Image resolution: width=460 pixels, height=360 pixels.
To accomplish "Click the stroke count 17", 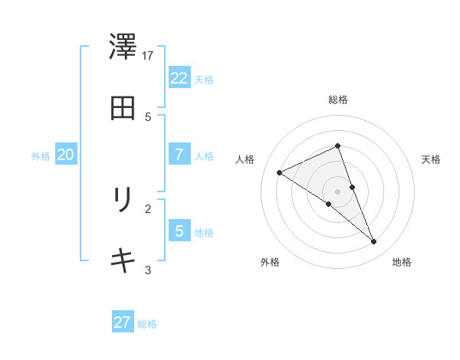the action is click(149, 55).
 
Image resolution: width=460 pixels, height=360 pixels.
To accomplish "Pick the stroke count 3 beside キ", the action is click(149, 270).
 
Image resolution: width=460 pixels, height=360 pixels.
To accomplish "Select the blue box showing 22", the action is click(179, 78).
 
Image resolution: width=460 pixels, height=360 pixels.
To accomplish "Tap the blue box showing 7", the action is click(179, 155).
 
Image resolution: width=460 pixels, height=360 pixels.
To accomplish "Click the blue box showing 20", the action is click(65, 155).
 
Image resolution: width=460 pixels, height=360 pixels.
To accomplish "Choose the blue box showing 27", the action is click(123, 322).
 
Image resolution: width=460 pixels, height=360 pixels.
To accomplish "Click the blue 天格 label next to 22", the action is click(204, 79).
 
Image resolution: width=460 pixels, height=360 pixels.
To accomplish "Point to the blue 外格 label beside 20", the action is click(41, 155).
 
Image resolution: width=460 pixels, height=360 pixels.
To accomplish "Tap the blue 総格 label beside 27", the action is click(147, 324).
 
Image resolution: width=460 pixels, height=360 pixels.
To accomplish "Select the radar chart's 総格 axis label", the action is click(338, 100).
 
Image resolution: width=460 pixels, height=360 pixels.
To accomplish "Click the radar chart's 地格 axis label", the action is click(402, 262).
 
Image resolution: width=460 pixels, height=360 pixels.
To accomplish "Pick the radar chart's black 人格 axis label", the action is click(245, 159).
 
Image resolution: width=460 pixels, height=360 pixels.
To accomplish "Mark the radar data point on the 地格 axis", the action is click(373, 242).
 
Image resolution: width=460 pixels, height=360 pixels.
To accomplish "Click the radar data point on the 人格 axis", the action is click(280, 172).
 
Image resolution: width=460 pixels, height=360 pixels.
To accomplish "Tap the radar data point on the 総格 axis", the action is click(338, 146).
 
